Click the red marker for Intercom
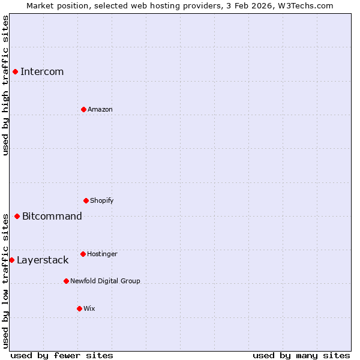click(x=15, y=72)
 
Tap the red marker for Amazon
click(x=83, y=109)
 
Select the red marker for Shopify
click(x=86, y=200)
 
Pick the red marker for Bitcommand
click(x=17, y=216)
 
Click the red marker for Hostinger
click(x=83, y=254)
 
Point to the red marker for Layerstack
click(x=11, y=260)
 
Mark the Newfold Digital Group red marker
click(x=66, y=281)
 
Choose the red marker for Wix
click(x=79, y=308)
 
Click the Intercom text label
click(x=42, y=72)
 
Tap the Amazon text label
click(x=100, y=109)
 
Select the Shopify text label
click(x=102, y=200)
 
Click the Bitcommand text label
click(x=52, y=216)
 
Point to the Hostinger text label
click(x=102, y=254)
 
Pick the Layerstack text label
click(x=43, y=260)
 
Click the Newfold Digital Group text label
click(x=105, y=281)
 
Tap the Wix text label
click(x=89, y=308)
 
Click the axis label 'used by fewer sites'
click(x=62, y=355)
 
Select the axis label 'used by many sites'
click(x=301, y=355)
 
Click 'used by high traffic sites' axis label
click(x=5, y=85)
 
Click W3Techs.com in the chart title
click(x=304, y=5)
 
